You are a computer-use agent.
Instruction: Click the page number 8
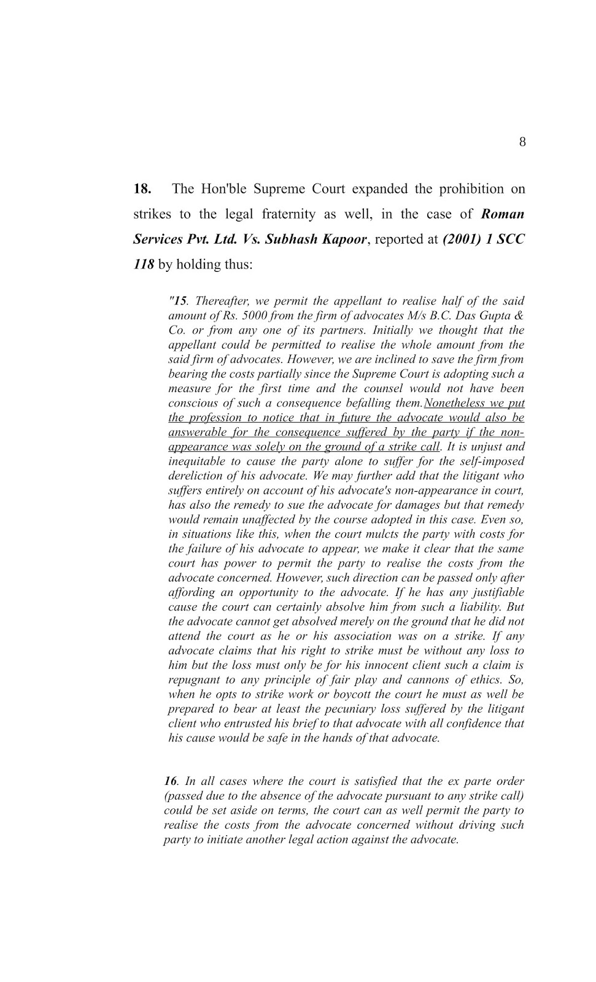point(522,142)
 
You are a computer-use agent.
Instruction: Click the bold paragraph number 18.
point(142,188)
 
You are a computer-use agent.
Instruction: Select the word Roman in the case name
point(503,214)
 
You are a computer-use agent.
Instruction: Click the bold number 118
point(144,265)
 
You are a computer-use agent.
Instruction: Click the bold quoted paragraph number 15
point(179,301)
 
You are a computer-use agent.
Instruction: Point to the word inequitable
point(198,462)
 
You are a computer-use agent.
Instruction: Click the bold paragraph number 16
point(170,781)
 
